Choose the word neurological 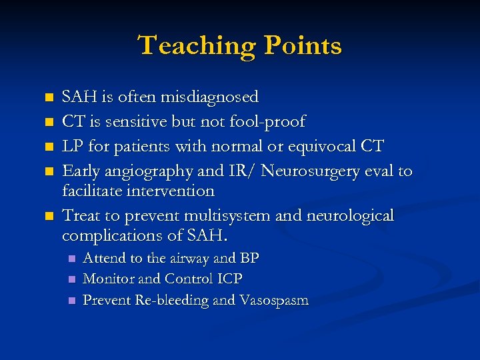[353, 216]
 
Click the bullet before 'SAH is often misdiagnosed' [48, 98]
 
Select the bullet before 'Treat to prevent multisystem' [48, 217]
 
